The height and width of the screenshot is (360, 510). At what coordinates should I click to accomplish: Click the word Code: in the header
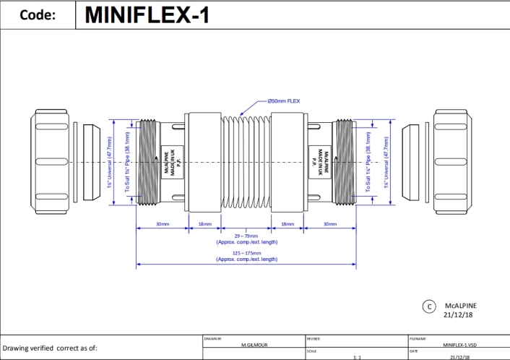point(38,15)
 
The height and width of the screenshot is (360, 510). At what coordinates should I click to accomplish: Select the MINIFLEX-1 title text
point(147,15)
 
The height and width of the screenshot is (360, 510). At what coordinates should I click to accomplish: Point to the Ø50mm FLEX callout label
point(283,101)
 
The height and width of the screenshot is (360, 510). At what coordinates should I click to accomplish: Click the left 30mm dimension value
point(163,224)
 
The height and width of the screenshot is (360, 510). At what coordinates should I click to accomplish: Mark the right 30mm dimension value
point(330,224)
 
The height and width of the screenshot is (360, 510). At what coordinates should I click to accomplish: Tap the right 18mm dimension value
point(288,224)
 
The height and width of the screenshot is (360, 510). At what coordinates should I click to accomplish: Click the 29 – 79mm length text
point(246,236)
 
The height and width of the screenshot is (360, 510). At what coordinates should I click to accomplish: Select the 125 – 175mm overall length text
point(246,253)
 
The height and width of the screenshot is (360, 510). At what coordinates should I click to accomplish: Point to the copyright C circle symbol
point(428,307)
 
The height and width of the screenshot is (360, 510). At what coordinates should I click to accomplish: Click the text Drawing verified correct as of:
point(50,348)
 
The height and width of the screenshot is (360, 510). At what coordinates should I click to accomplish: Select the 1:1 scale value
point(357,356)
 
